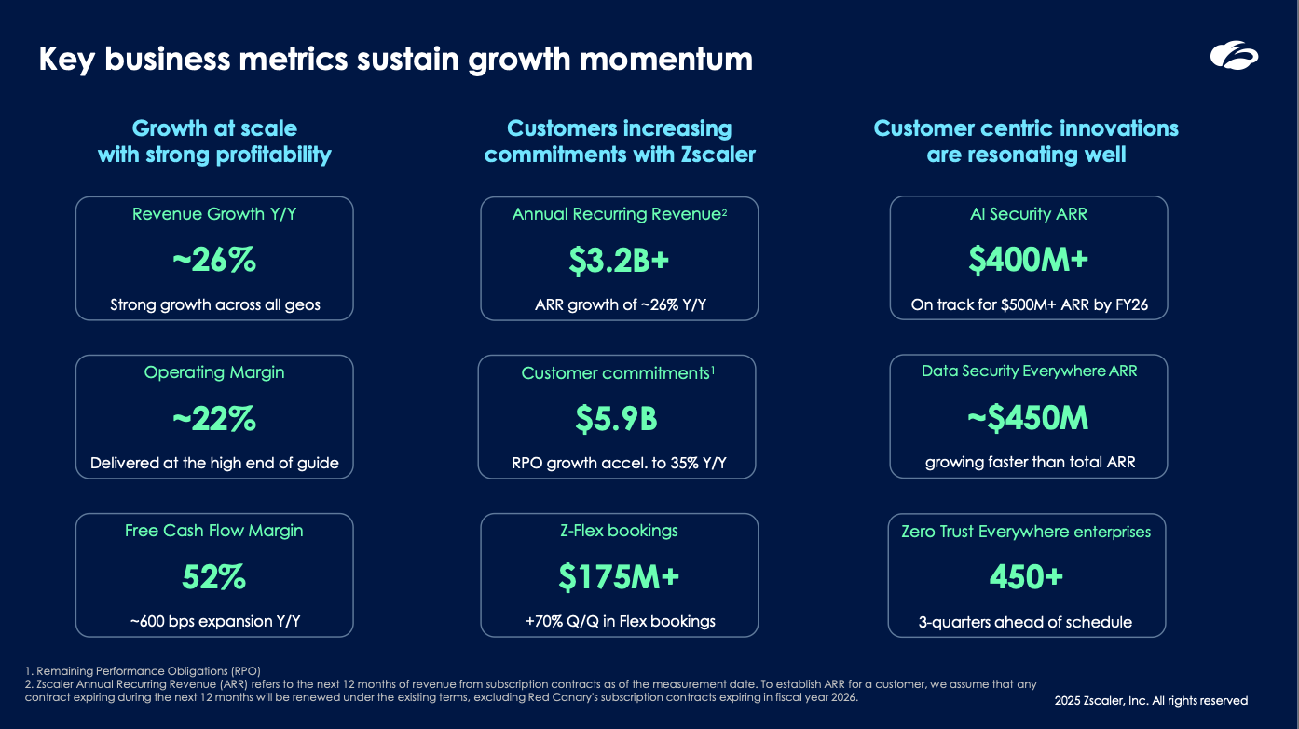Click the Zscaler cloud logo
point(1234,56)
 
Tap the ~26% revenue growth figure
point(214,260)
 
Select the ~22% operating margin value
point(214,418)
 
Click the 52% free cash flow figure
point(214,576)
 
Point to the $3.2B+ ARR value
point(619,260)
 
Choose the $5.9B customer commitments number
point(617,418)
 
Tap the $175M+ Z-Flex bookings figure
point(619,576)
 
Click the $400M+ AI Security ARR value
point(1028,259)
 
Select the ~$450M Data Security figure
point(1028,417)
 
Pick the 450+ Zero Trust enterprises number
point(1027,576)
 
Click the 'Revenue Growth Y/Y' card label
point(214,214)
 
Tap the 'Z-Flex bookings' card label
point(619,531)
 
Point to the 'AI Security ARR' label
point(1028,214)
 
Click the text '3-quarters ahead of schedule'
point(1025,622)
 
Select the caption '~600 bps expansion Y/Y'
point(215,621)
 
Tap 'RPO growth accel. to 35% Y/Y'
point(619,463)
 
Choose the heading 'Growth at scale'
point(214,128)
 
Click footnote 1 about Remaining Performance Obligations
point(143,671)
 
